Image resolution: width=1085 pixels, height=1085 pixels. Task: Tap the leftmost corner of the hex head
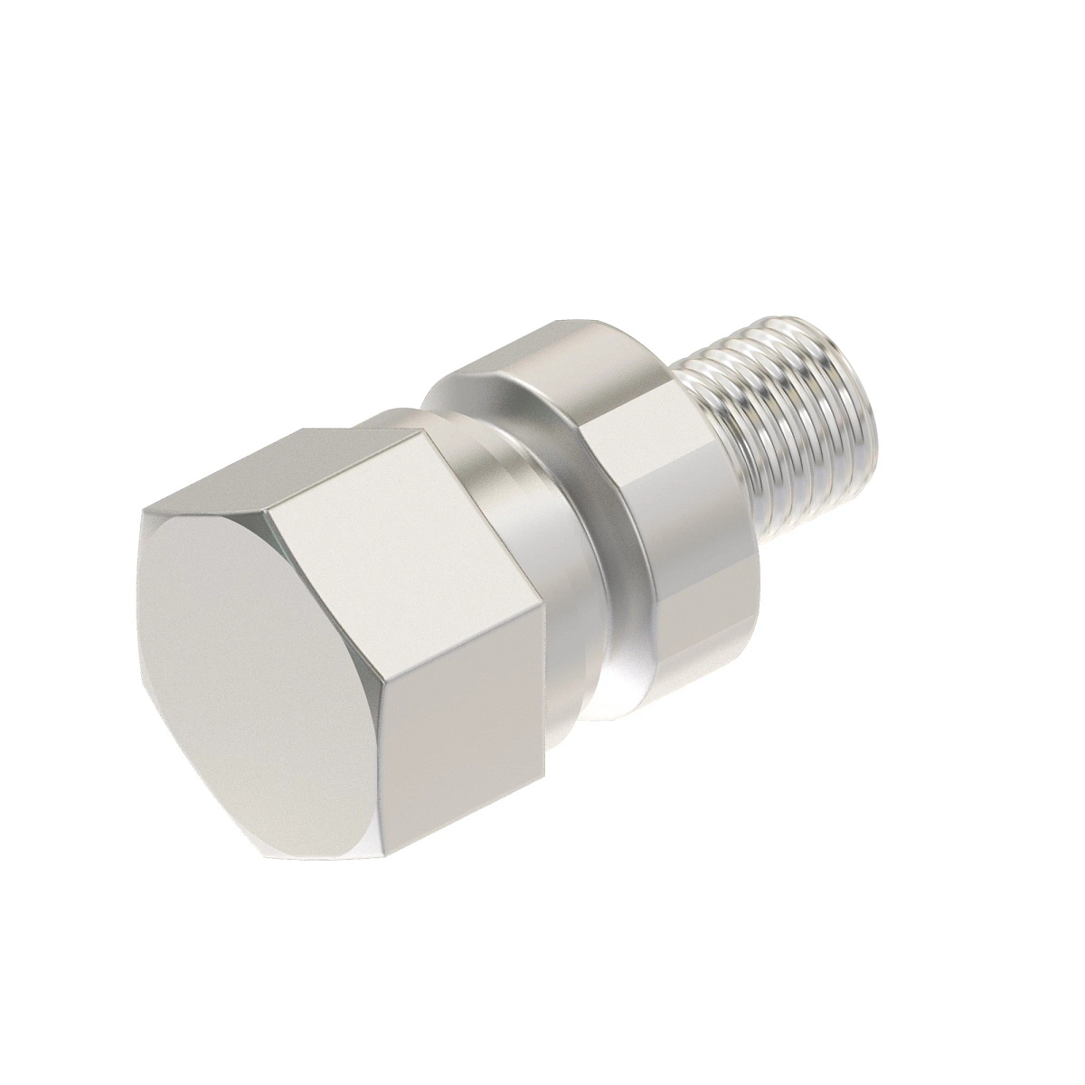coord(143,515)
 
